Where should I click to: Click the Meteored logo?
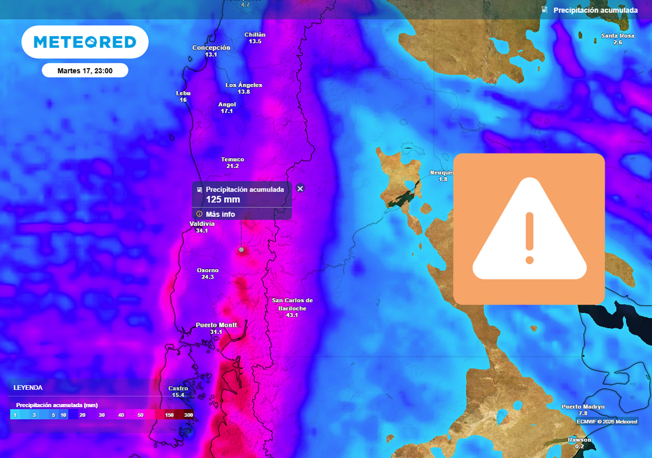85,42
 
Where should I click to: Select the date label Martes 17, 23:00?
85,71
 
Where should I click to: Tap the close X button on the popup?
301,188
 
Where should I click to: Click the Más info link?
220,214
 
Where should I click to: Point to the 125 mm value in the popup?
223,200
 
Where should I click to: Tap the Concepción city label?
211,48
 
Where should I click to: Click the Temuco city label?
232,160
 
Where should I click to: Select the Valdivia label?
202,224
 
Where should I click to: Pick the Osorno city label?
208,270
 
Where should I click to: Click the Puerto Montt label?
216,325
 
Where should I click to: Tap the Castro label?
178,388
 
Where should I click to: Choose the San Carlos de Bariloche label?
292,304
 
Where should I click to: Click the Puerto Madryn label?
583,406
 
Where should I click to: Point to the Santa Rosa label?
618,36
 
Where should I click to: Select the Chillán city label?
255,34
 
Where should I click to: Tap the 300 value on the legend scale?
188,415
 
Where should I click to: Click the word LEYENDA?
28,387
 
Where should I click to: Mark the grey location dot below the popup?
241,250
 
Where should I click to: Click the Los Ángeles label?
244,85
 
